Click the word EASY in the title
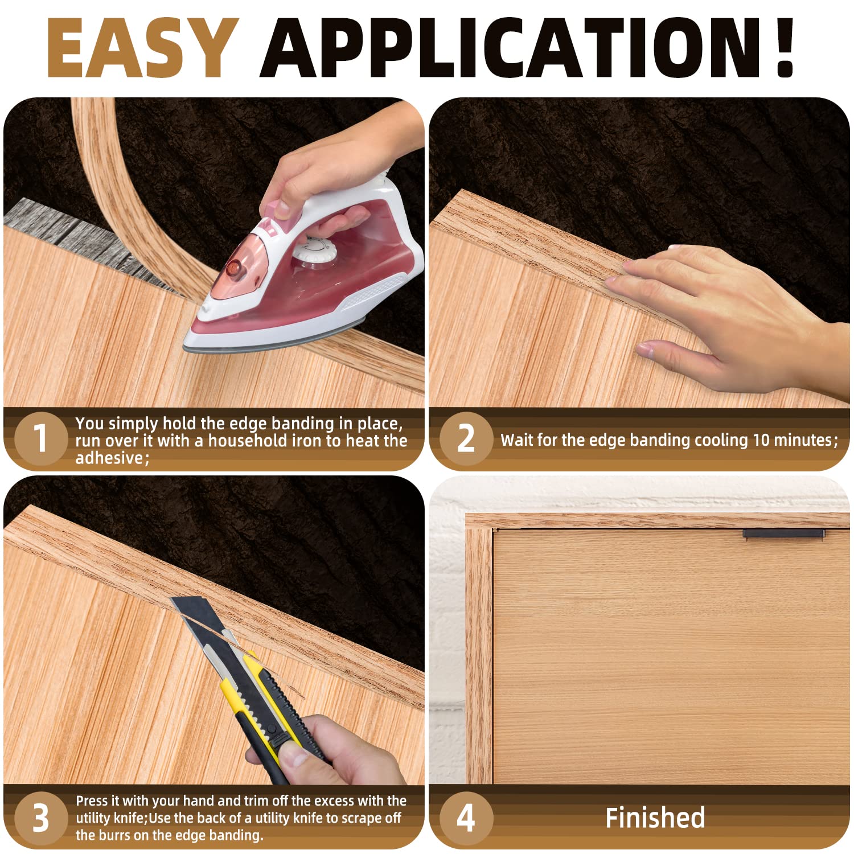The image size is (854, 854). [142, 48]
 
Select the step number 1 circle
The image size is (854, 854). [40, 439]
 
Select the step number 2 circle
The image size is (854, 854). [466, 439]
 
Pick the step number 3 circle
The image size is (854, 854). [40, 818]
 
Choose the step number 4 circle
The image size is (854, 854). [466, 818]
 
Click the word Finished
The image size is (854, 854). [655, 818]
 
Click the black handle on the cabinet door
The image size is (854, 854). [783, 533]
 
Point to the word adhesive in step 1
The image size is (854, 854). [110, 458]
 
